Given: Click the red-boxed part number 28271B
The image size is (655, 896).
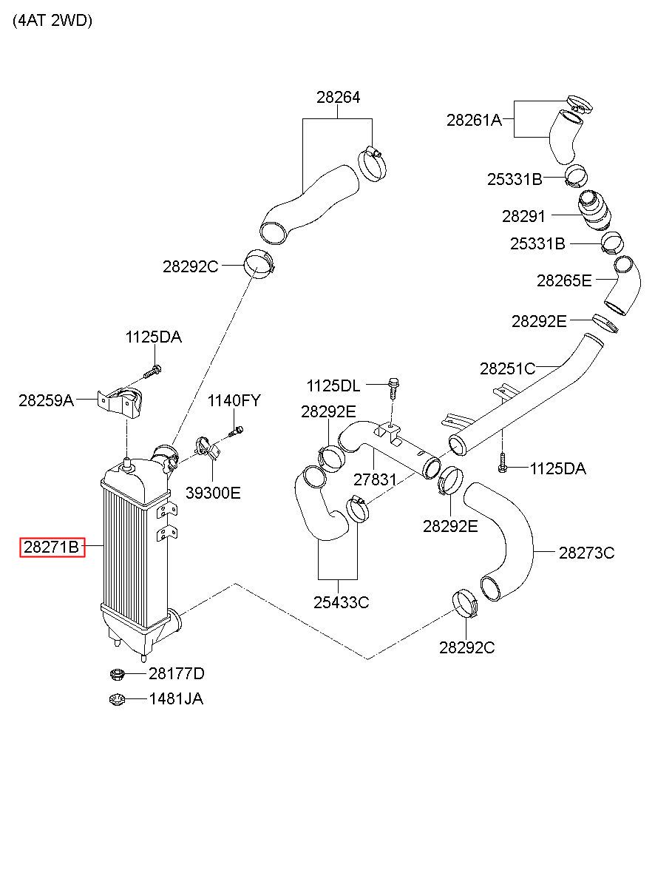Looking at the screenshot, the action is point(52,548).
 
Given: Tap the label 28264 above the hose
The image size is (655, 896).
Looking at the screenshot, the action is point(338,97).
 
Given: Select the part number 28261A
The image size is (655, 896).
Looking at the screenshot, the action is point(474,120).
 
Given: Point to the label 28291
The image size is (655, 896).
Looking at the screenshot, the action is point(523,216).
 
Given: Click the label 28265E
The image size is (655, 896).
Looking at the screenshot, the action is point(564,281).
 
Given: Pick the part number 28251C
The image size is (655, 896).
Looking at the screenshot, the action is point(508,368).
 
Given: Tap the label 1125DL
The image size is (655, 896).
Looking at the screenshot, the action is point(333,386).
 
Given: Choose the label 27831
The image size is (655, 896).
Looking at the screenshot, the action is point(375,479).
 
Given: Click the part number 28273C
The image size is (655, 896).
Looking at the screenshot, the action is point(586,553).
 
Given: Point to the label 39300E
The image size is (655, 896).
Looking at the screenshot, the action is point(213,494).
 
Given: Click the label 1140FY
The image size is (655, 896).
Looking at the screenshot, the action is point(234,400).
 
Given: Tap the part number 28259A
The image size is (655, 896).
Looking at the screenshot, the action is point(47,400).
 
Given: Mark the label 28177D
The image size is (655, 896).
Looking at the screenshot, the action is point(177,673).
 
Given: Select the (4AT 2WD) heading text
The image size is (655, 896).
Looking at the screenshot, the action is point(52,21).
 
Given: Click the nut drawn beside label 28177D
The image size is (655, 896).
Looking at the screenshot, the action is point(117,674).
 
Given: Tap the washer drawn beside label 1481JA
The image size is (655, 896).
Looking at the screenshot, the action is point(117,700).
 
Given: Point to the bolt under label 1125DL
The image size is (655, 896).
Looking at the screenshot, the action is point(393,388).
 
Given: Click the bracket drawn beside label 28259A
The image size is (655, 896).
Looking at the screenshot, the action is point(120,402).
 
